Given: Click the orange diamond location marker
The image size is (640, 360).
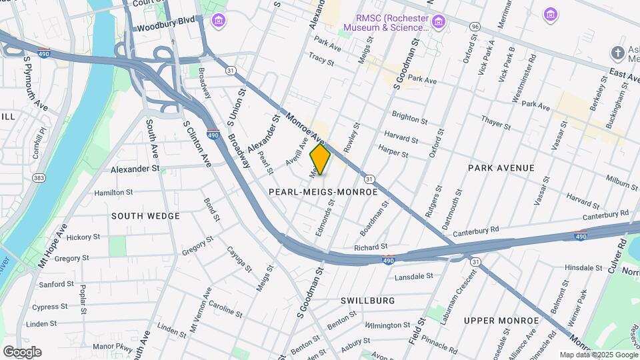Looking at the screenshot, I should click(320, 159).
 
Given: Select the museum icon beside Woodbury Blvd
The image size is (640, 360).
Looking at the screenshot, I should click(218, 22).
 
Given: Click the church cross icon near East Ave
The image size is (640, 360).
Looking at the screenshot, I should click(618, 53).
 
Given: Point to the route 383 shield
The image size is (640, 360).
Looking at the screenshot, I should click(39, 178).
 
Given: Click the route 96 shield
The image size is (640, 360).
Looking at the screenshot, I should click(474, 26).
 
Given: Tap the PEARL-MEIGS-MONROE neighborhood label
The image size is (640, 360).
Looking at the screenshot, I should click(323, 191).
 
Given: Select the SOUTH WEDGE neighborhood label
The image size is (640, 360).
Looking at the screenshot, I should click(145, 216).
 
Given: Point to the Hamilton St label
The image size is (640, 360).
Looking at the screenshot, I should click(113, 192).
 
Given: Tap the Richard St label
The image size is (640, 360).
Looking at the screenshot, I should click(371, 247).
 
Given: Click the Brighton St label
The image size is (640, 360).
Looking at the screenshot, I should click(409, 118).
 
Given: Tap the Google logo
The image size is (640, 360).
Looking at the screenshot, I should click(22, 352).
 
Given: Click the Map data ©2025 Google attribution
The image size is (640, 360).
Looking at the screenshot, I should click(597, 355).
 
